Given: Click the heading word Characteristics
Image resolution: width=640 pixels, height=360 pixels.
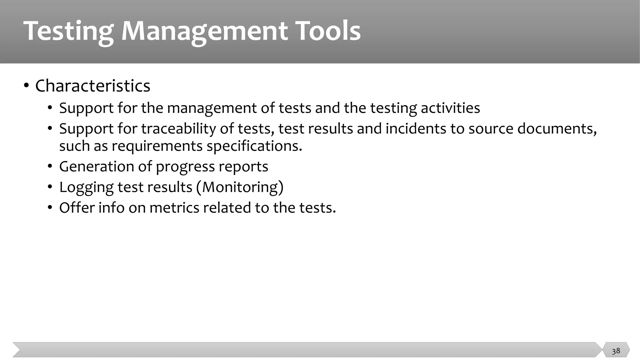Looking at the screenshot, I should click(92, 86).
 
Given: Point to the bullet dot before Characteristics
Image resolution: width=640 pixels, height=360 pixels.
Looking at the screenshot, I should click(26, 86).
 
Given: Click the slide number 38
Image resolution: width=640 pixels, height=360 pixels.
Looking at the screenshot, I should click(616, 351).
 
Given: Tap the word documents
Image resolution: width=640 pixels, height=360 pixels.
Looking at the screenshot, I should click(557, 128).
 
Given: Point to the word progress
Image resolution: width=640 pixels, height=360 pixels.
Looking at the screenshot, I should click(185, 167).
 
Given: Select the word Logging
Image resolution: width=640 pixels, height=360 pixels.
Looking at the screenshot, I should click(86, 187).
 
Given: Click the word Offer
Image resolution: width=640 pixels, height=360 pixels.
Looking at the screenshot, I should click(77, 207).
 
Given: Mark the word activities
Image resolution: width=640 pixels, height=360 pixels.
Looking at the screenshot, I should click(450, 108).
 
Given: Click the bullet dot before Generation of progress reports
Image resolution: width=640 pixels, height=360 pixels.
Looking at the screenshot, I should click(50, 167).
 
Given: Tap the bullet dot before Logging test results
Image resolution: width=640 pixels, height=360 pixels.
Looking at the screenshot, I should click(50, 187).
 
